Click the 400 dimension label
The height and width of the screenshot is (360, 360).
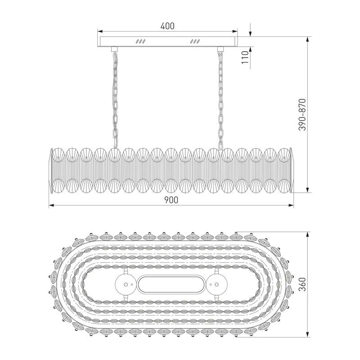tap(167, 26)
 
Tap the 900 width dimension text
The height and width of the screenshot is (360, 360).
tap(171, 200)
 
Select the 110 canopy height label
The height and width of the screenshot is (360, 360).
tap(245, 58)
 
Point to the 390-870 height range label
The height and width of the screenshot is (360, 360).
tap(302, 115)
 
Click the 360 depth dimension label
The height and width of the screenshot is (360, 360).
tap(302, 284)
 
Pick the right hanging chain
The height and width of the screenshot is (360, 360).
tap(220, 100)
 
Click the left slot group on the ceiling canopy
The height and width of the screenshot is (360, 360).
tap(140, 41)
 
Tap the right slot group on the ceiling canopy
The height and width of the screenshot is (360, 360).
tap(195, 41)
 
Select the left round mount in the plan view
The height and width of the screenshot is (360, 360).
tap(126, 285)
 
